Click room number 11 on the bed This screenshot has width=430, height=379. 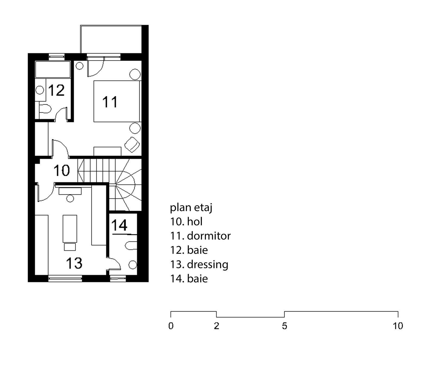110,102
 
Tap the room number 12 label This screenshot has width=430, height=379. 56,90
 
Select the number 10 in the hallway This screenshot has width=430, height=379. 62,171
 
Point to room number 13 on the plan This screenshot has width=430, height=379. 74,263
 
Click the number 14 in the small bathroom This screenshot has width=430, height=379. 119,225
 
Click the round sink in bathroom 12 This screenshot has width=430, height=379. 40,90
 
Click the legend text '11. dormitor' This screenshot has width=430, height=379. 200,236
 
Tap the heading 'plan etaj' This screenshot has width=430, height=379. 191,208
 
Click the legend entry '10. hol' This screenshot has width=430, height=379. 186,222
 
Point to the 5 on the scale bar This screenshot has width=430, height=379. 284,326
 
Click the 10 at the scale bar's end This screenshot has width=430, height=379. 398,326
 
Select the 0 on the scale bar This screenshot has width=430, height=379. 171,326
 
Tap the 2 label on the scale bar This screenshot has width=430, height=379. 216,326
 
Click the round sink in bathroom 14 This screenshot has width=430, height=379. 133,264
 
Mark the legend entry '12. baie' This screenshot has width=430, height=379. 189,250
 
